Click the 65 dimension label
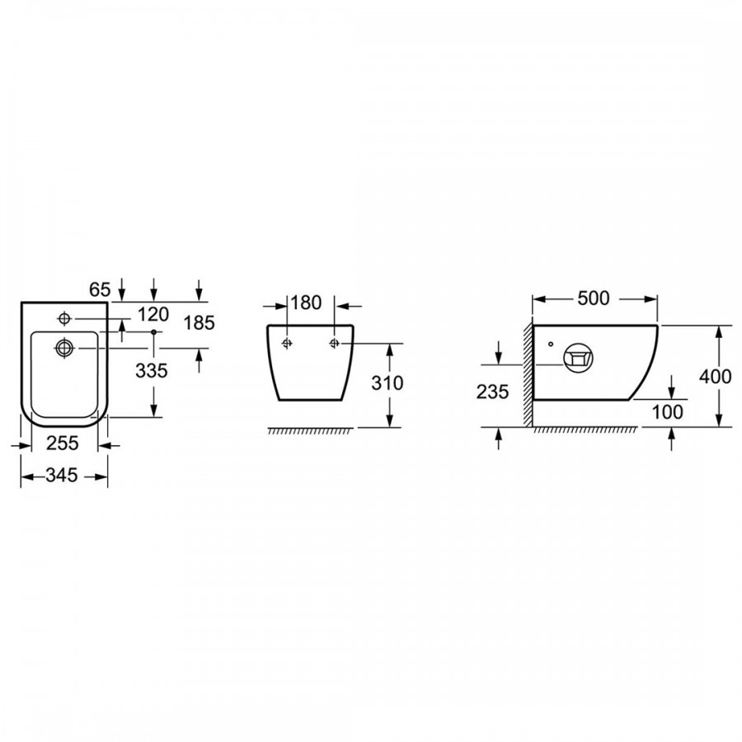coord(100,289)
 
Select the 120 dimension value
coord(153,314)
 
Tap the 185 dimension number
coord(200,322)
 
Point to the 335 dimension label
coord(152,370)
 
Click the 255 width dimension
coord(63,443)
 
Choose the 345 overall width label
coord(62,475)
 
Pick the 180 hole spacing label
coord(306,303)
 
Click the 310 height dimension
coord(387,383)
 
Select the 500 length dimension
coord(594,298)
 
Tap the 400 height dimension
coord(716,377)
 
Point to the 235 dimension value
coord(493,392)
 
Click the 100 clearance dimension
coord(668,412)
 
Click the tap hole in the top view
coord(64,318)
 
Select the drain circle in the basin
coord(63,348)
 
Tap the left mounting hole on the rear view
coord(287,343)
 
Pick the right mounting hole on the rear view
coord(335,343)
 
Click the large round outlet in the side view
coord(578,357)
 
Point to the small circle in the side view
coord(551,344)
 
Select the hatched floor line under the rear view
coord(311,430)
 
